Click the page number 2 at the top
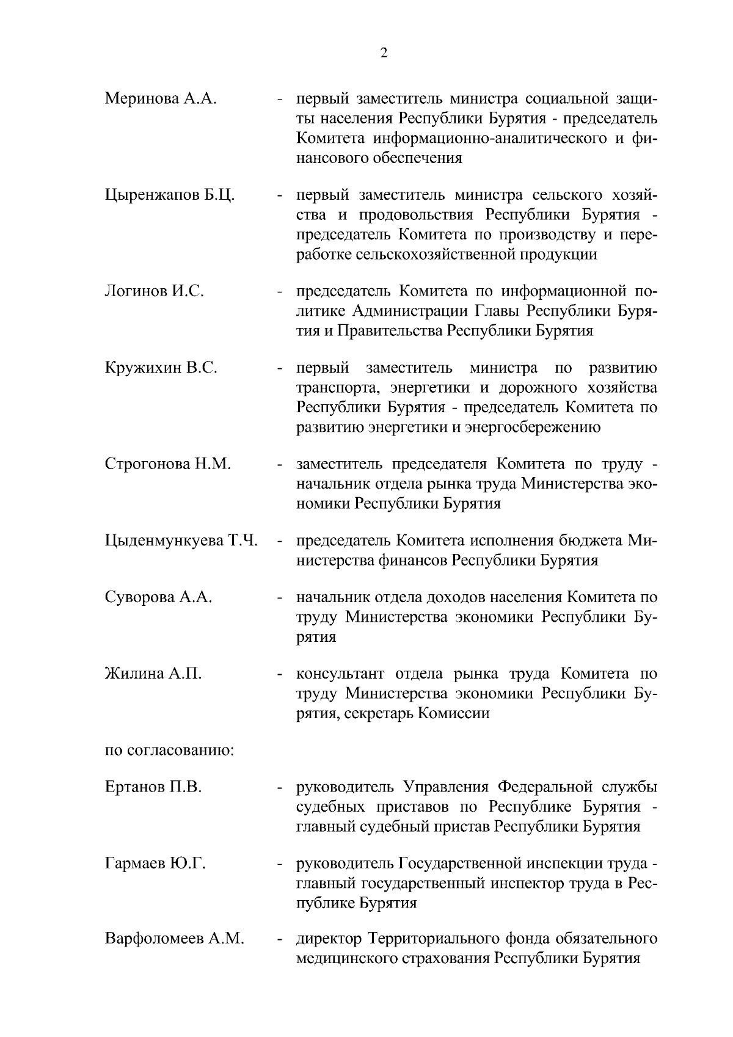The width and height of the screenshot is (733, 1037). pos(383,53)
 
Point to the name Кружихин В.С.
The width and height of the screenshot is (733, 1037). pos(161,368)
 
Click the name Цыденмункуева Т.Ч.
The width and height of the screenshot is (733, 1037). pos(181,541)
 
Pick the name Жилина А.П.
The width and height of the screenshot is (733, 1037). pos(153,674)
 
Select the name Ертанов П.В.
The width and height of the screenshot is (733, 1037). pos(153,788)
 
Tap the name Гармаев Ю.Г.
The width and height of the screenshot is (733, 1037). pos(155,864)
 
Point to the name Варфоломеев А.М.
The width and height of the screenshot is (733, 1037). pos(175,939)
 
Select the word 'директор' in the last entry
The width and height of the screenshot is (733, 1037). pos(327,939)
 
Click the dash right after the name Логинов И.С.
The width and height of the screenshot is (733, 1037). pos(279,293)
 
